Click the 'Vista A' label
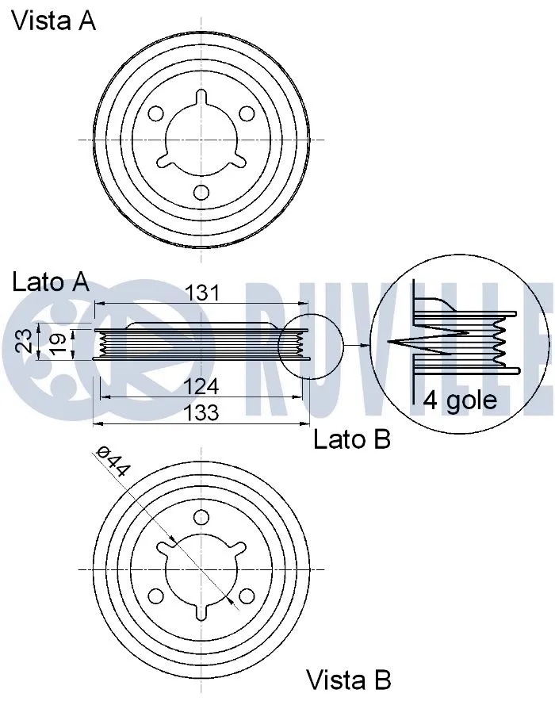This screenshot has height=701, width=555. tap(53, 21)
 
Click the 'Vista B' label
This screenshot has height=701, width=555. tap(349, 680)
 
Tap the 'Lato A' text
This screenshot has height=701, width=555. tap(49, 282)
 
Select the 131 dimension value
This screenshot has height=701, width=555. tap(201, 292)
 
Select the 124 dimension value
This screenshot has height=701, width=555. tap(201, 386)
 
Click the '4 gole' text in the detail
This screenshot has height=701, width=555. tap(460, 399)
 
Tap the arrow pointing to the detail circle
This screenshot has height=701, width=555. tap(357, 346)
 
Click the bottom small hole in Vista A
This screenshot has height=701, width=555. tap(201, 192)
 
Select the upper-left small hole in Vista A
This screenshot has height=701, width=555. tap(155, 113)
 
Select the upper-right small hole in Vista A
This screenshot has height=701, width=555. tap(247, 113)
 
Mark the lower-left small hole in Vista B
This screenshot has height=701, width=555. tap(155, 596)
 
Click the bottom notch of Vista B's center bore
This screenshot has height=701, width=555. tap(201, 610)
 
